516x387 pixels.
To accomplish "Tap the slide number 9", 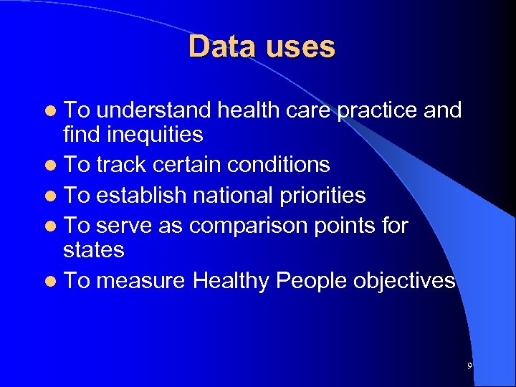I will (x=469, y=366).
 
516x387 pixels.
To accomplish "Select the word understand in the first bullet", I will (x=153, y=110).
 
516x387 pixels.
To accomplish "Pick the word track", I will (x=121, y=165).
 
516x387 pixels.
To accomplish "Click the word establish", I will (x=141, y=195).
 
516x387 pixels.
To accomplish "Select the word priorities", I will (x=325, y=195).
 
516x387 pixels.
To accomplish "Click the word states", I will (x=94, y=250).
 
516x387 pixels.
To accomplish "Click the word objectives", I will (x=404, y=280).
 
